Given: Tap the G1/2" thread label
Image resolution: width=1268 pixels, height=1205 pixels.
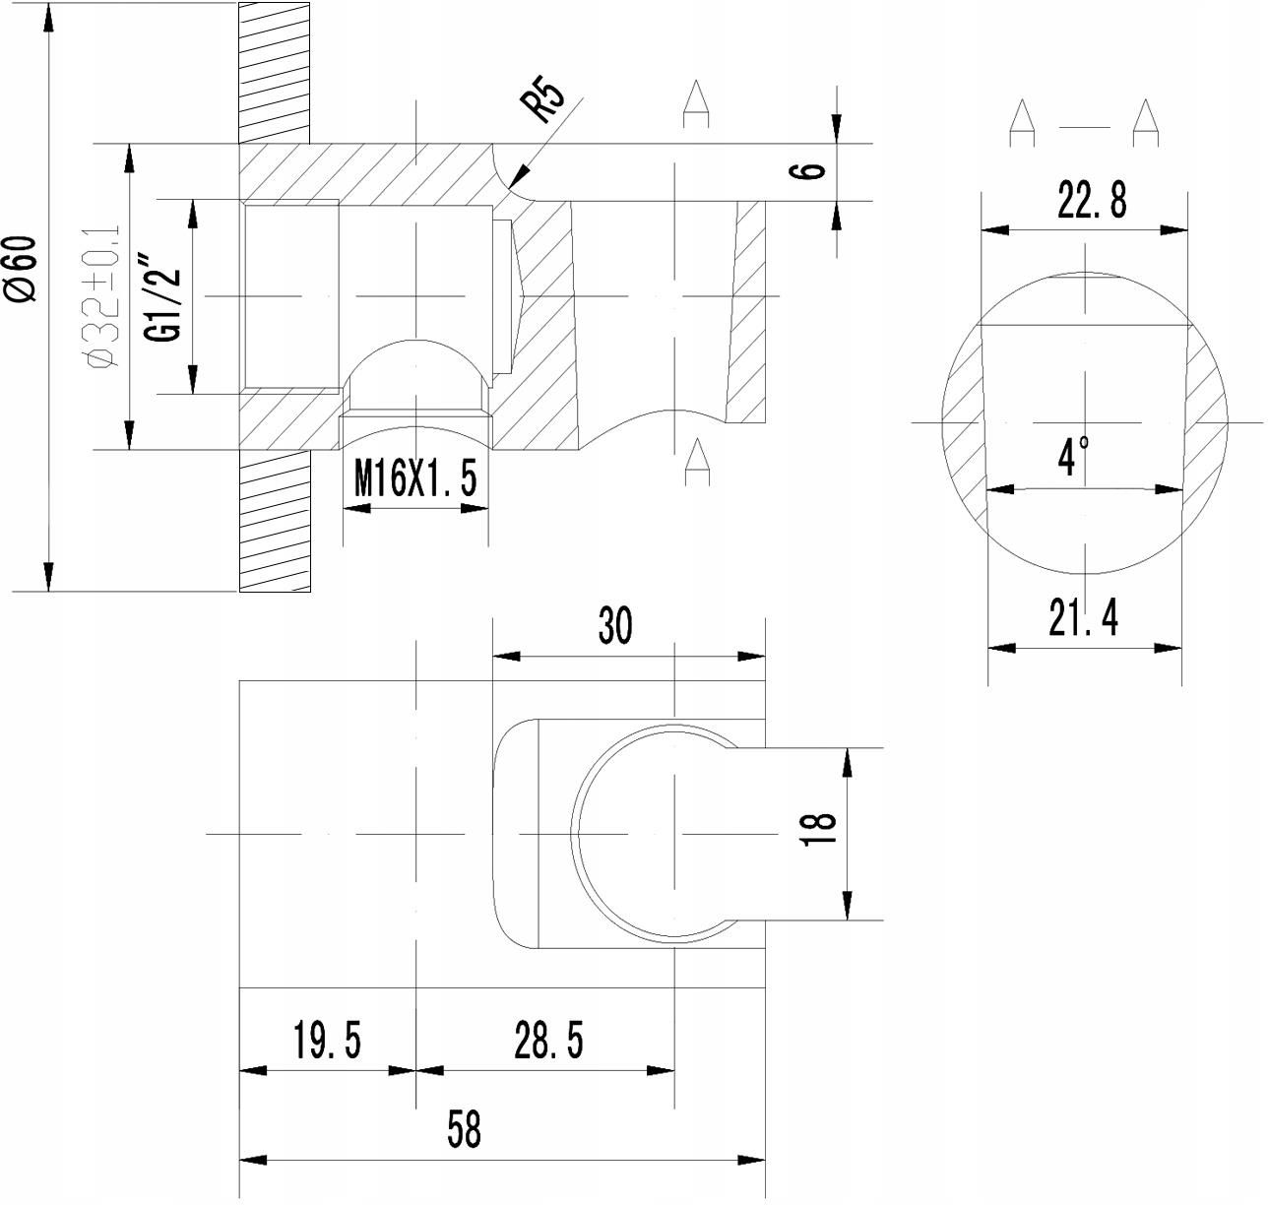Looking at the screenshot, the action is pyautogui.click(x=162, y=298).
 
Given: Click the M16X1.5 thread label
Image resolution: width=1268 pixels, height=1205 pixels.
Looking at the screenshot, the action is pyautogui.click(x=415, y=478).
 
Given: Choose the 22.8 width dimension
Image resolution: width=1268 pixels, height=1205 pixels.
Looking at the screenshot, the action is pyautogui.click(x=1092, y=200).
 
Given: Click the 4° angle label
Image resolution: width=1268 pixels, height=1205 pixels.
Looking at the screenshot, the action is pyautogui.click(x=1073, y=456).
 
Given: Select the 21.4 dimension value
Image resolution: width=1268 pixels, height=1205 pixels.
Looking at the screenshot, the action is pyautogui.click(x=1084, y=617).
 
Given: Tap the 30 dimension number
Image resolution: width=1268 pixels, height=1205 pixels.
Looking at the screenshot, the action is pyautogui.click(x=615, y=625).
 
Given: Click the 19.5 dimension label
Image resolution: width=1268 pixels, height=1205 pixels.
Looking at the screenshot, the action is pyautogui.click(x=327, y=1041).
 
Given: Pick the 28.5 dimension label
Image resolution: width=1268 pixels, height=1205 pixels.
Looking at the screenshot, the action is pyautogui.click(x=549, y=1041).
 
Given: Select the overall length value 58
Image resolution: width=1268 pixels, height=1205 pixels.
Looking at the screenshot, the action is pyautogui.click(x=464, y=1129).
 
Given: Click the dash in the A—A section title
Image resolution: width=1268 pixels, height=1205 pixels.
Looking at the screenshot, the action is pyautogui.click(x=1085, y=127).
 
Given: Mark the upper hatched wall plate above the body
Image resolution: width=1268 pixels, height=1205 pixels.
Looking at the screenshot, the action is pyautogui.click(x=274, y=73).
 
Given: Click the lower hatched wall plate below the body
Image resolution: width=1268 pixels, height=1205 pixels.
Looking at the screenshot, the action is pyautogui.click(x=274, y=521).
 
